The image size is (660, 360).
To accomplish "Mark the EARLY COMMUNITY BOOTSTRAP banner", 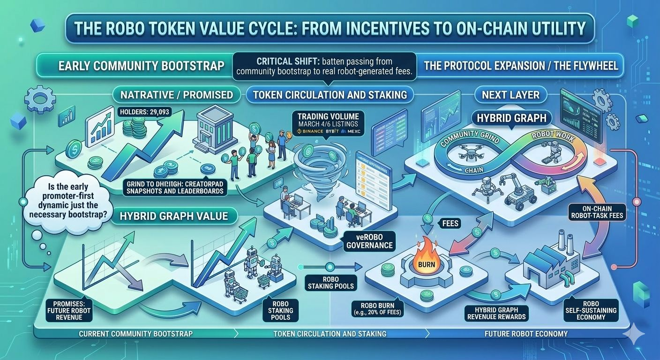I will [x=141, y=66].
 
